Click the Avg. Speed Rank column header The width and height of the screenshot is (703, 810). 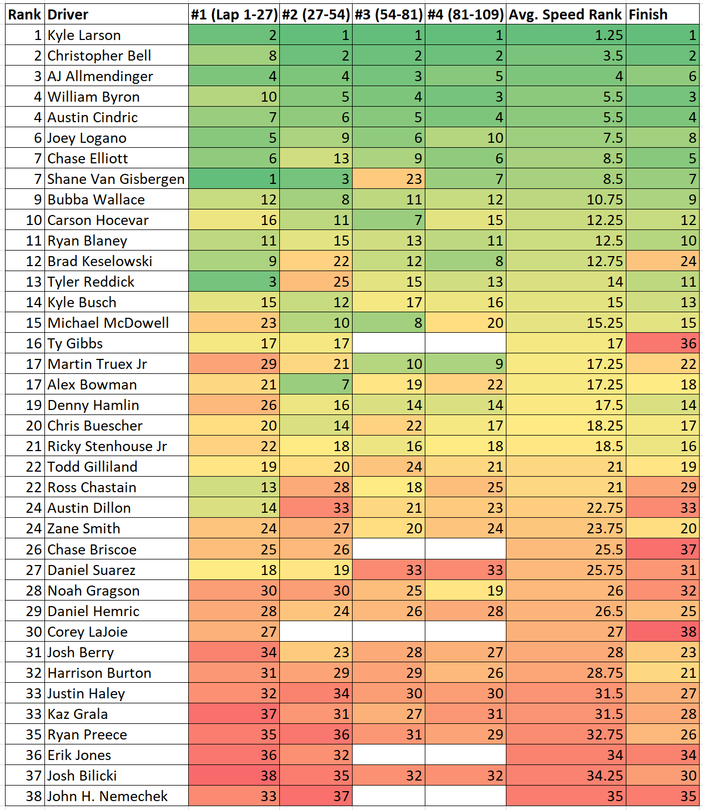565,14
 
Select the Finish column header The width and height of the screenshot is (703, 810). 662,14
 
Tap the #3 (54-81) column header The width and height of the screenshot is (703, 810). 389,14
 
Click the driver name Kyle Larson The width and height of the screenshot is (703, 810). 84,36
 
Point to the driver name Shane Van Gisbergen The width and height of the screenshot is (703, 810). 116,179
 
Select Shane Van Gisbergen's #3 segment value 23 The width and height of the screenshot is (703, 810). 389,179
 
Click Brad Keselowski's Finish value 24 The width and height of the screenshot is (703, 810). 662,261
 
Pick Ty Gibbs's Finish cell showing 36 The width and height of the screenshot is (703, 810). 662,343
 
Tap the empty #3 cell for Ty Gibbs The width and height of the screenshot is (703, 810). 389,343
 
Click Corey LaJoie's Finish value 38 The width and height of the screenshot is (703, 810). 662,632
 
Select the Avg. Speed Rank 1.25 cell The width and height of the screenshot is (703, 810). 565,36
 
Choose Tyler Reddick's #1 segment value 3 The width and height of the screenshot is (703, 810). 234,282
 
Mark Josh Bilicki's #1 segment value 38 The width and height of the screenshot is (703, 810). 234,776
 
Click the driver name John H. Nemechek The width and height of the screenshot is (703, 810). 107,796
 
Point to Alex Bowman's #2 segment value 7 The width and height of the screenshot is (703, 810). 315,384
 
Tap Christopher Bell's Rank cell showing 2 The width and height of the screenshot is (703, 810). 25,56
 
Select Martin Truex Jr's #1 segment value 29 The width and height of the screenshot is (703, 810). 234,364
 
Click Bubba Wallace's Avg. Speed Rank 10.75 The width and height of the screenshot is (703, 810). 565,199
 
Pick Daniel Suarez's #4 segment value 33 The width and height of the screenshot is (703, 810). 465,570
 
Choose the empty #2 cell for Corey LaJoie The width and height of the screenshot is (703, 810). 315,632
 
